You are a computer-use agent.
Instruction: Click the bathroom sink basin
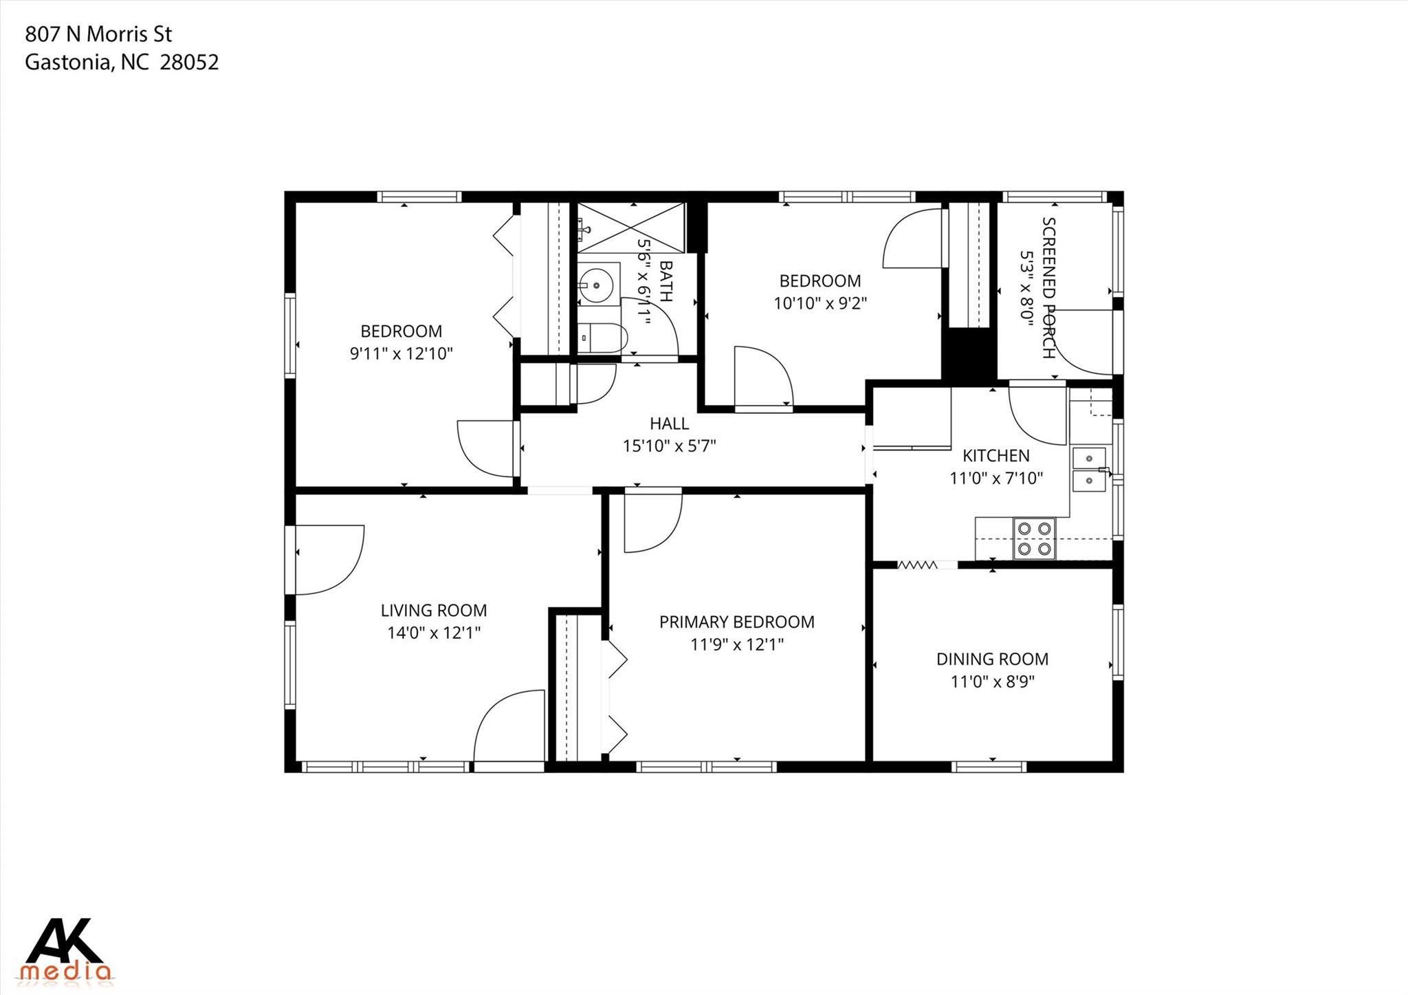pos(595,283)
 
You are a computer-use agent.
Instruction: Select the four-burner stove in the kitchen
pos(1035,538)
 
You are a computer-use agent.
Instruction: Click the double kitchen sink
pos(1089,469)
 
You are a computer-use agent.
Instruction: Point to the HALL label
pos(669,424)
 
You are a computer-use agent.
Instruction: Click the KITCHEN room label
pos(995,455)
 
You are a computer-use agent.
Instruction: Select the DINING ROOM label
pos(992,659)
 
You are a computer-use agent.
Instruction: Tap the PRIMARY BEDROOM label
pos(736,622)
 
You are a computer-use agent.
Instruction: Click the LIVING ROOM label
pos(433,610)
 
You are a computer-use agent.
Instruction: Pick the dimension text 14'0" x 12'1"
pos(433,633)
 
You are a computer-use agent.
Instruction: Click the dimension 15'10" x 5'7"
pos(669,446)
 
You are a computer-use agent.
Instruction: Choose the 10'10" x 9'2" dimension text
pos(819,303)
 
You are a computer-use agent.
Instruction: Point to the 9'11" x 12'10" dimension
pos(401,353)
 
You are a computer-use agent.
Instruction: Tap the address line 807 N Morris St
pos(98,34)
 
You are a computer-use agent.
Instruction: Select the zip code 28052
pos(189,63)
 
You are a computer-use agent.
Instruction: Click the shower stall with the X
pos(630,228)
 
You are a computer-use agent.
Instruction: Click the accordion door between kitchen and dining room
pos(918,565)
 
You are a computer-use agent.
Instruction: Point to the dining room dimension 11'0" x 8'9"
pos(992,681)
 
